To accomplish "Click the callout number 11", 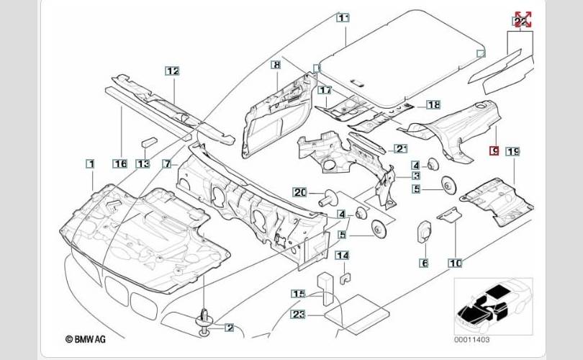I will [343, 18].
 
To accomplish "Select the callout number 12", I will [172, 71].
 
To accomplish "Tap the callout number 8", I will [276, 65].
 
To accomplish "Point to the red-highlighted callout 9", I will [493, 150].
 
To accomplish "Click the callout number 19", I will [512, 151].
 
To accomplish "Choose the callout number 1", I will [91, 164].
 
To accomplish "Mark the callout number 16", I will [121, 164].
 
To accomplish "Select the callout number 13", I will [143, 164].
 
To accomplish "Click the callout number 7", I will [166, 164].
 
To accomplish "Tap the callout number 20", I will [300, 192].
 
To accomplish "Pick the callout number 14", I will [343, 256].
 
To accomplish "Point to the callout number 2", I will [230, 328].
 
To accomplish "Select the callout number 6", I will [425, 264].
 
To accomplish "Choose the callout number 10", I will [455, 264].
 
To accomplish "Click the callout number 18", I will [433, 105].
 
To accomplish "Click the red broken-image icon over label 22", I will [523, 19].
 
